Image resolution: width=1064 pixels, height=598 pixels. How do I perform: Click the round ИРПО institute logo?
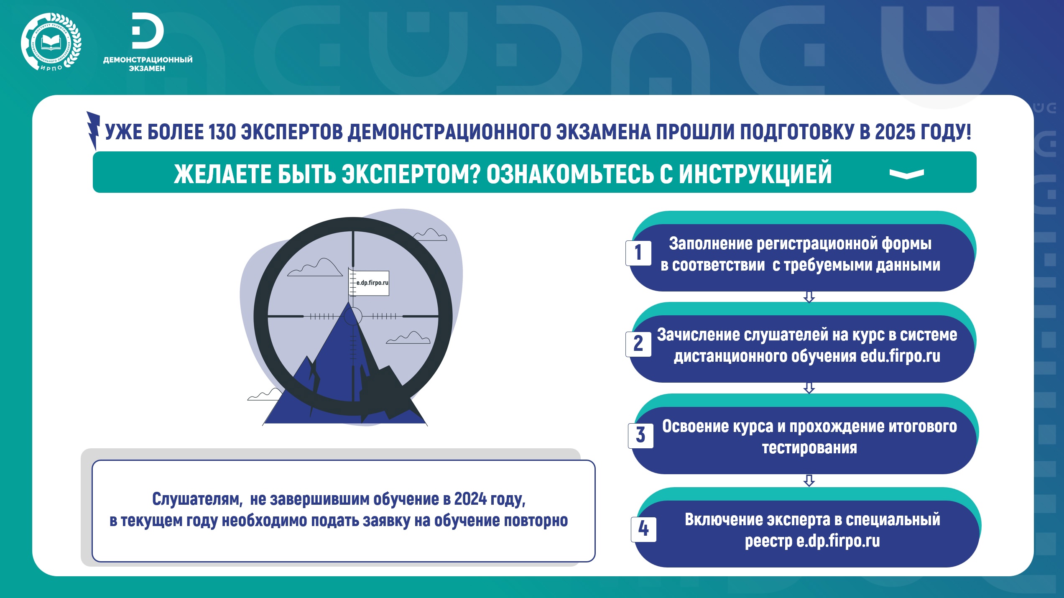click(x=51, y=42)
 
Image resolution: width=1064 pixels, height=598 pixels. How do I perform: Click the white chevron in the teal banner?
click(x=906, y=174)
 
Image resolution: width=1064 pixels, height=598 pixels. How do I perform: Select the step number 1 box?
click(x=638, y=253)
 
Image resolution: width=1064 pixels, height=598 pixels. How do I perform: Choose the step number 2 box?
click(x=638, y=344)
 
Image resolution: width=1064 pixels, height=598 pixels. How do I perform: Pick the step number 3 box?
click(x=640, y=435)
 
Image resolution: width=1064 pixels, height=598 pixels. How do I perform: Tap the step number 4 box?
click(x=644, y=529)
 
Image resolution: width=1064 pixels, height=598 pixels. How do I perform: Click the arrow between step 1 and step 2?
click(x=809, y=297)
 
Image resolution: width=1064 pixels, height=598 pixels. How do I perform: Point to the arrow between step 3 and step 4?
click(x=809, y=480)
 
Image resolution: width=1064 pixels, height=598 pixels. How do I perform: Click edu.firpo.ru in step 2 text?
click(x=900, y=356)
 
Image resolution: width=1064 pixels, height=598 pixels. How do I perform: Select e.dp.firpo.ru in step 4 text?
click(x=838, y=541)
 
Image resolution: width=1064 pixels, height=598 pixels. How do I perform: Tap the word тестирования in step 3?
click(x=809, y=448)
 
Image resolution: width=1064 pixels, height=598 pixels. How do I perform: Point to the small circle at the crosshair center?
click(x=352, y=316)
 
